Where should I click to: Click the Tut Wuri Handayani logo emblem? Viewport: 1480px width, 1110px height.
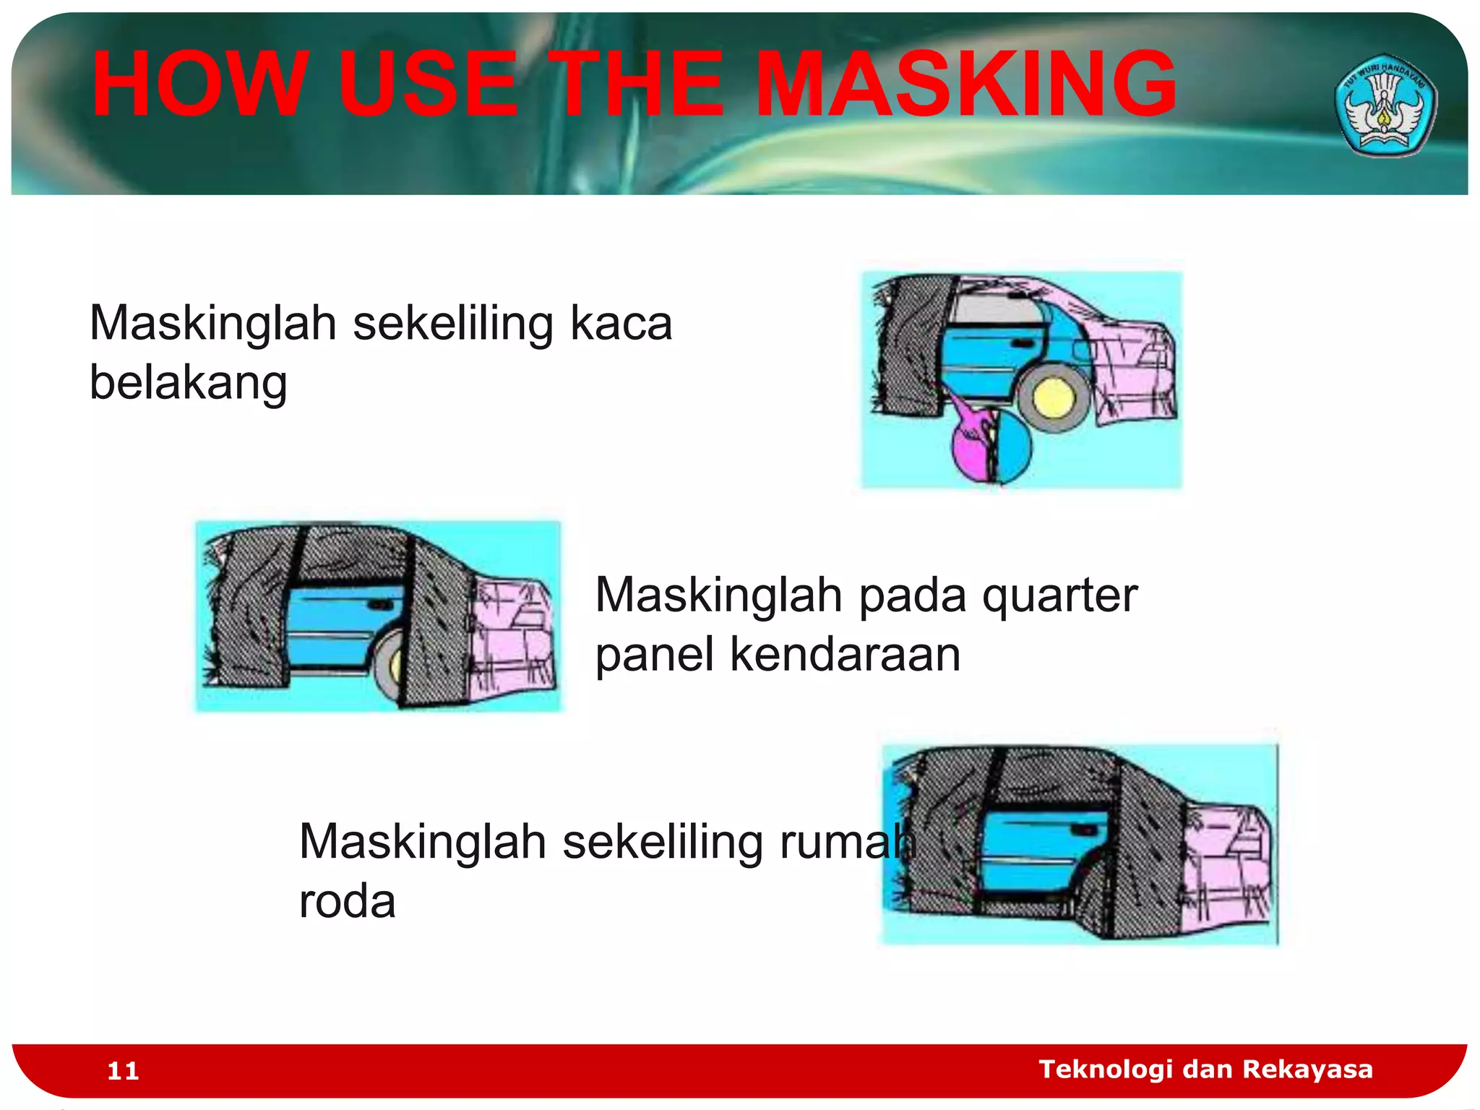(x=1385, y=106)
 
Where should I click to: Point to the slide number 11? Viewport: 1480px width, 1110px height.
(x=123, y=1070)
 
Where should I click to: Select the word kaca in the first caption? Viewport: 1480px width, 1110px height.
(x=621, y=322)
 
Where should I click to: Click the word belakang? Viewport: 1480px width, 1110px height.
(x=188, y=382)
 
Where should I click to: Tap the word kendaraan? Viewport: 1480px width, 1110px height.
(x=845, y=655)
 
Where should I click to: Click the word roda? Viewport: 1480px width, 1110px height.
(x=347, y=901)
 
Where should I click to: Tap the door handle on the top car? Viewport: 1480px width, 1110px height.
(x=1022, y=343)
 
